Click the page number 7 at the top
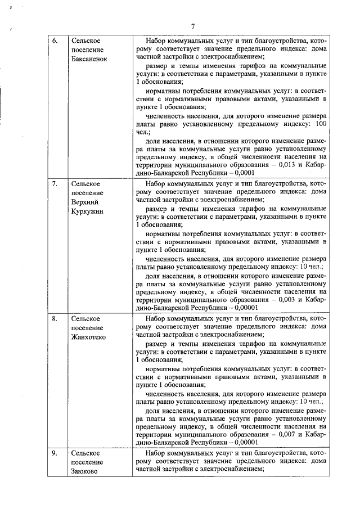click(x=192, y=26)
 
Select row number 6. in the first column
click(x=55, y=41)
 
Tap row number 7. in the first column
click(x=55, y=183)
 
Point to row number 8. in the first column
click(x=55, y=318)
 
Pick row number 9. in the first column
click(x=55, y=453)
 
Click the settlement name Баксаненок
click(x=89, y=59)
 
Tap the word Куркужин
click(x=88, y=210)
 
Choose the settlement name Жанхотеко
click(x=88, y=336)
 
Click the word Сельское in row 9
click(x=86, y=453)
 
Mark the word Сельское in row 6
click(x=86, y=41)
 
